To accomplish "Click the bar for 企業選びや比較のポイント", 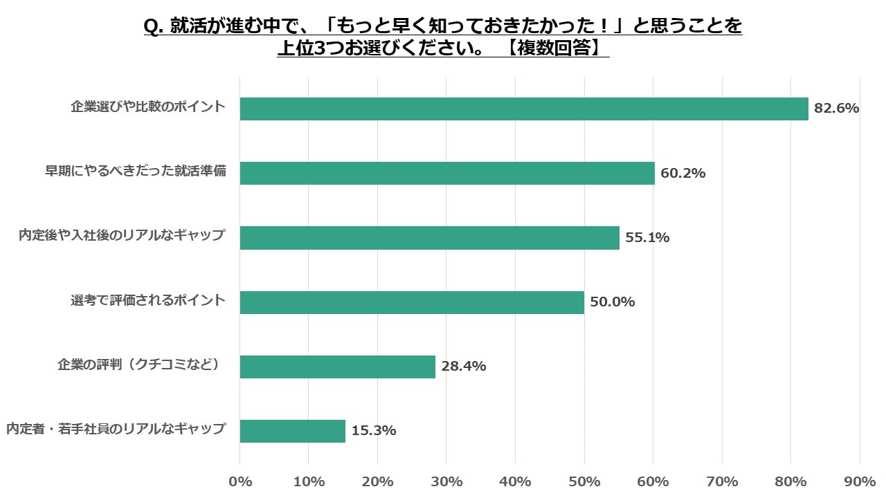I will [x=524, y=109].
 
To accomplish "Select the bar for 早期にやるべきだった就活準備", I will [x=447, y=173].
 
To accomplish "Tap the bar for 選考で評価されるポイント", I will [x=412, y=302].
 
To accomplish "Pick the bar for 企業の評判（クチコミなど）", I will [x=338, y=367].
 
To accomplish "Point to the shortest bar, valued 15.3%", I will [x=293, y=431].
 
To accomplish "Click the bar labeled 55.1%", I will [x=430, y=238].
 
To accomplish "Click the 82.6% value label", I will [x=836, y=109].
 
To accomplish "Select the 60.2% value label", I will [x=682, y=173].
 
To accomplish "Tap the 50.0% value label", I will [x=612, y=302].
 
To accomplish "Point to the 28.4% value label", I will [x=463, y=367].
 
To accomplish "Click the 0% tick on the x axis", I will [x=240, y=481].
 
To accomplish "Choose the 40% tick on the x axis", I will [x=515, y=481].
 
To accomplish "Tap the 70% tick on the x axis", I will [x=722, y=481].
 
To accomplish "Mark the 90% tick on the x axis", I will [x=860, y=481].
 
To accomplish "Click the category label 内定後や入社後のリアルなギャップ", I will [x=122, y=236].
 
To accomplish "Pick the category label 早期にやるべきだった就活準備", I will [x=136, y=172].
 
